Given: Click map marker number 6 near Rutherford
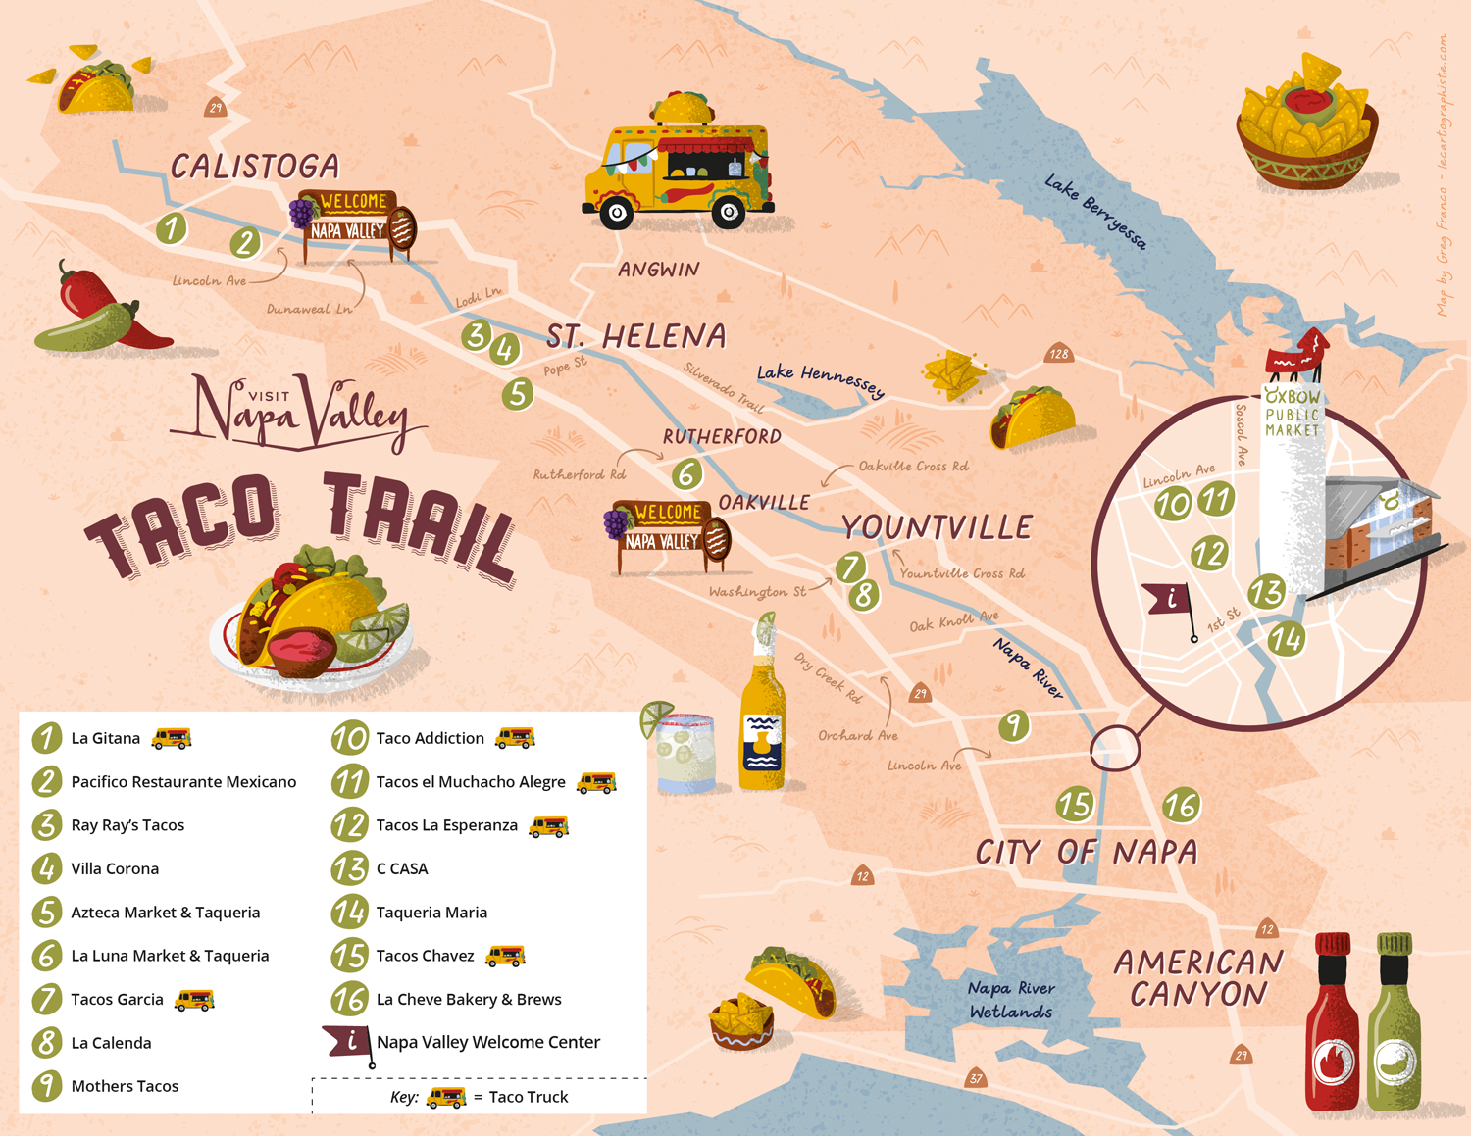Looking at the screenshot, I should [x=686, y=473].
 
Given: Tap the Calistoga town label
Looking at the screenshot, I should [x=255, y=167].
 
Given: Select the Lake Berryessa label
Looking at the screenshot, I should [x=1094, y=211].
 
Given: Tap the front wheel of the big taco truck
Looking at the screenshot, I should [x=617, y=212].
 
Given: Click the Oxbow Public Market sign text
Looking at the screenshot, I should [x=1293, y=413].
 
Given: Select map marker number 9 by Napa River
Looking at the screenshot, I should [x=1013, y=725].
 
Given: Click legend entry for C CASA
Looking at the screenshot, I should [x=402, y=868].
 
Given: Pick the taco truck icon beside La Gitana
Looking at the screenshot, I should [x=172, y=738].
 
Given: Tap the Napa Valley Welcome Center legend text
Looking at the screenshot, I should [x=487, y=1042].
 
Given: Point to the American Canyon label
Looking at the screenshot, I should [x=1197, y=977].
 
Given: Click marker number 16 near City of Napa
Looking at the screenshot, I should [x=1181, y=806].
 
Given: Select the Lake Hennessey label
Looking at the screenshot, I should [x=820, y=379].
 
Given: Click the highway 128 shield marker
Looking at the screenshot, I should [x=1058, y=354].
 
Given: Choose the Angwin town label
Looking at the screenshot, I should [x=658, y=270].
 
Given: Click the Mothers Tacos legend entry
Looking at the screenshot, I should [x=125, y=1086].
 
